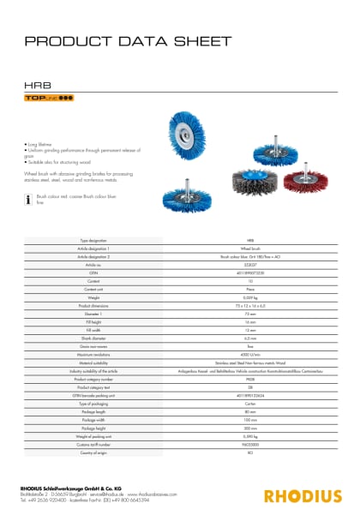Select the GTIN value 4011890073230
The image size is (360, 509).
click(250, 272)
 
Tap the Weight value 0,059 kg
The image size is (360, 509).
click(250, 296)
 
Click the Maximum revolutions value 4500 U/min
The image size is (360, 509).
click(250, 352)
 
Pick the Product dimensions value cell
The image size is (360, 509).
click(250, 304)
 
